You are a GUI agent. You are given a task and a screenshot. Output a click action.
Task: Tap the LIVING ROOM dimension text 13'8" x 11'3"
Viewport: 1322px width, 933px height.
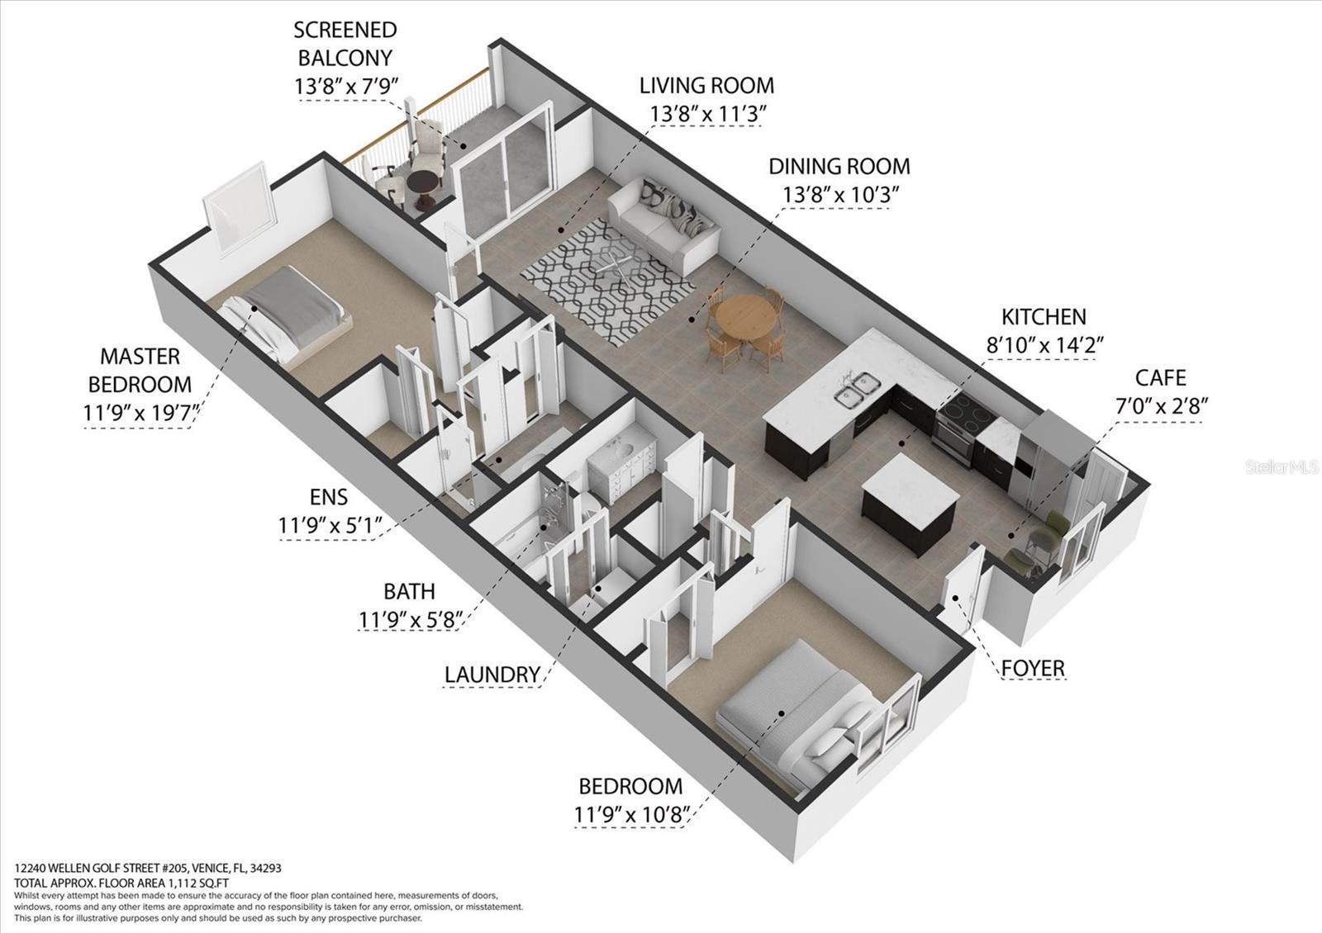click(707, 113)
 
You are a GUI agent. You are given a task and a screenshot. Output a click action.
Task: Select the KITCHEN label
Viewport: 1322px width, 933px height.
click(1044, 317)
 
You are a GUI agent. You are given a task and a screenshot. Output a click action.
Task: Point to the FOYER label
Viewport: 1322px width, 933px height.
click(1033, 669)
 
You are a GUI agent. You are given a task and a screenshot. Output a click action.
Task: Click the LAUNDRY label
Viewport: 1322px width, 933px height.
click(492, 675)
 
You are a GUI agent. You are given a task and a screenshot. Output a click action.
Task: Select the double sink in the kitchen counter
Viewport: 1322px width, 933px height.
click(857, 390)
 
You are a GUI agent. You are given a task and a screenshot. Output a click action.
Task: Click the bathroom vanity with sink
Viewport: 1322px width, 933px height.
click(621, 466)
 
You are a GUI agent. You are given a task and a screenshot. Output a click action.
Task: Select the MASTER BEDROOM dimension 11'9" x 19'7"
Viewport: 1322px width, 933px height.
click(140, 413)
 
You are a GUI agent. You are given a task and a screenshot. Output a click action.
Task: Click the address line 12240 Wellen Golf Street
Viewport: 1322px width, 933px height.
click(148, 868)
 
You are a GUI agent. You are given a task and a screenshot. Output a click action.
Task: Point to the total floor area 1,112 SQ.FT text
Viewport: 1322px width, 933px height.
click(121, 883)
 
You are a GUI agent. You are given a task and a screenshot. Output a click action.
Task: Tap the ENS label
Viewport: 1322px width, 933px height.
click(329, 497)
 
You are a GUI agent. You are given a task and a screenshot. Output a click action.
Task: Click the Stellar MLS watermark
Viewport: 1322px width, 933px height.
click(1282, 467)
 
